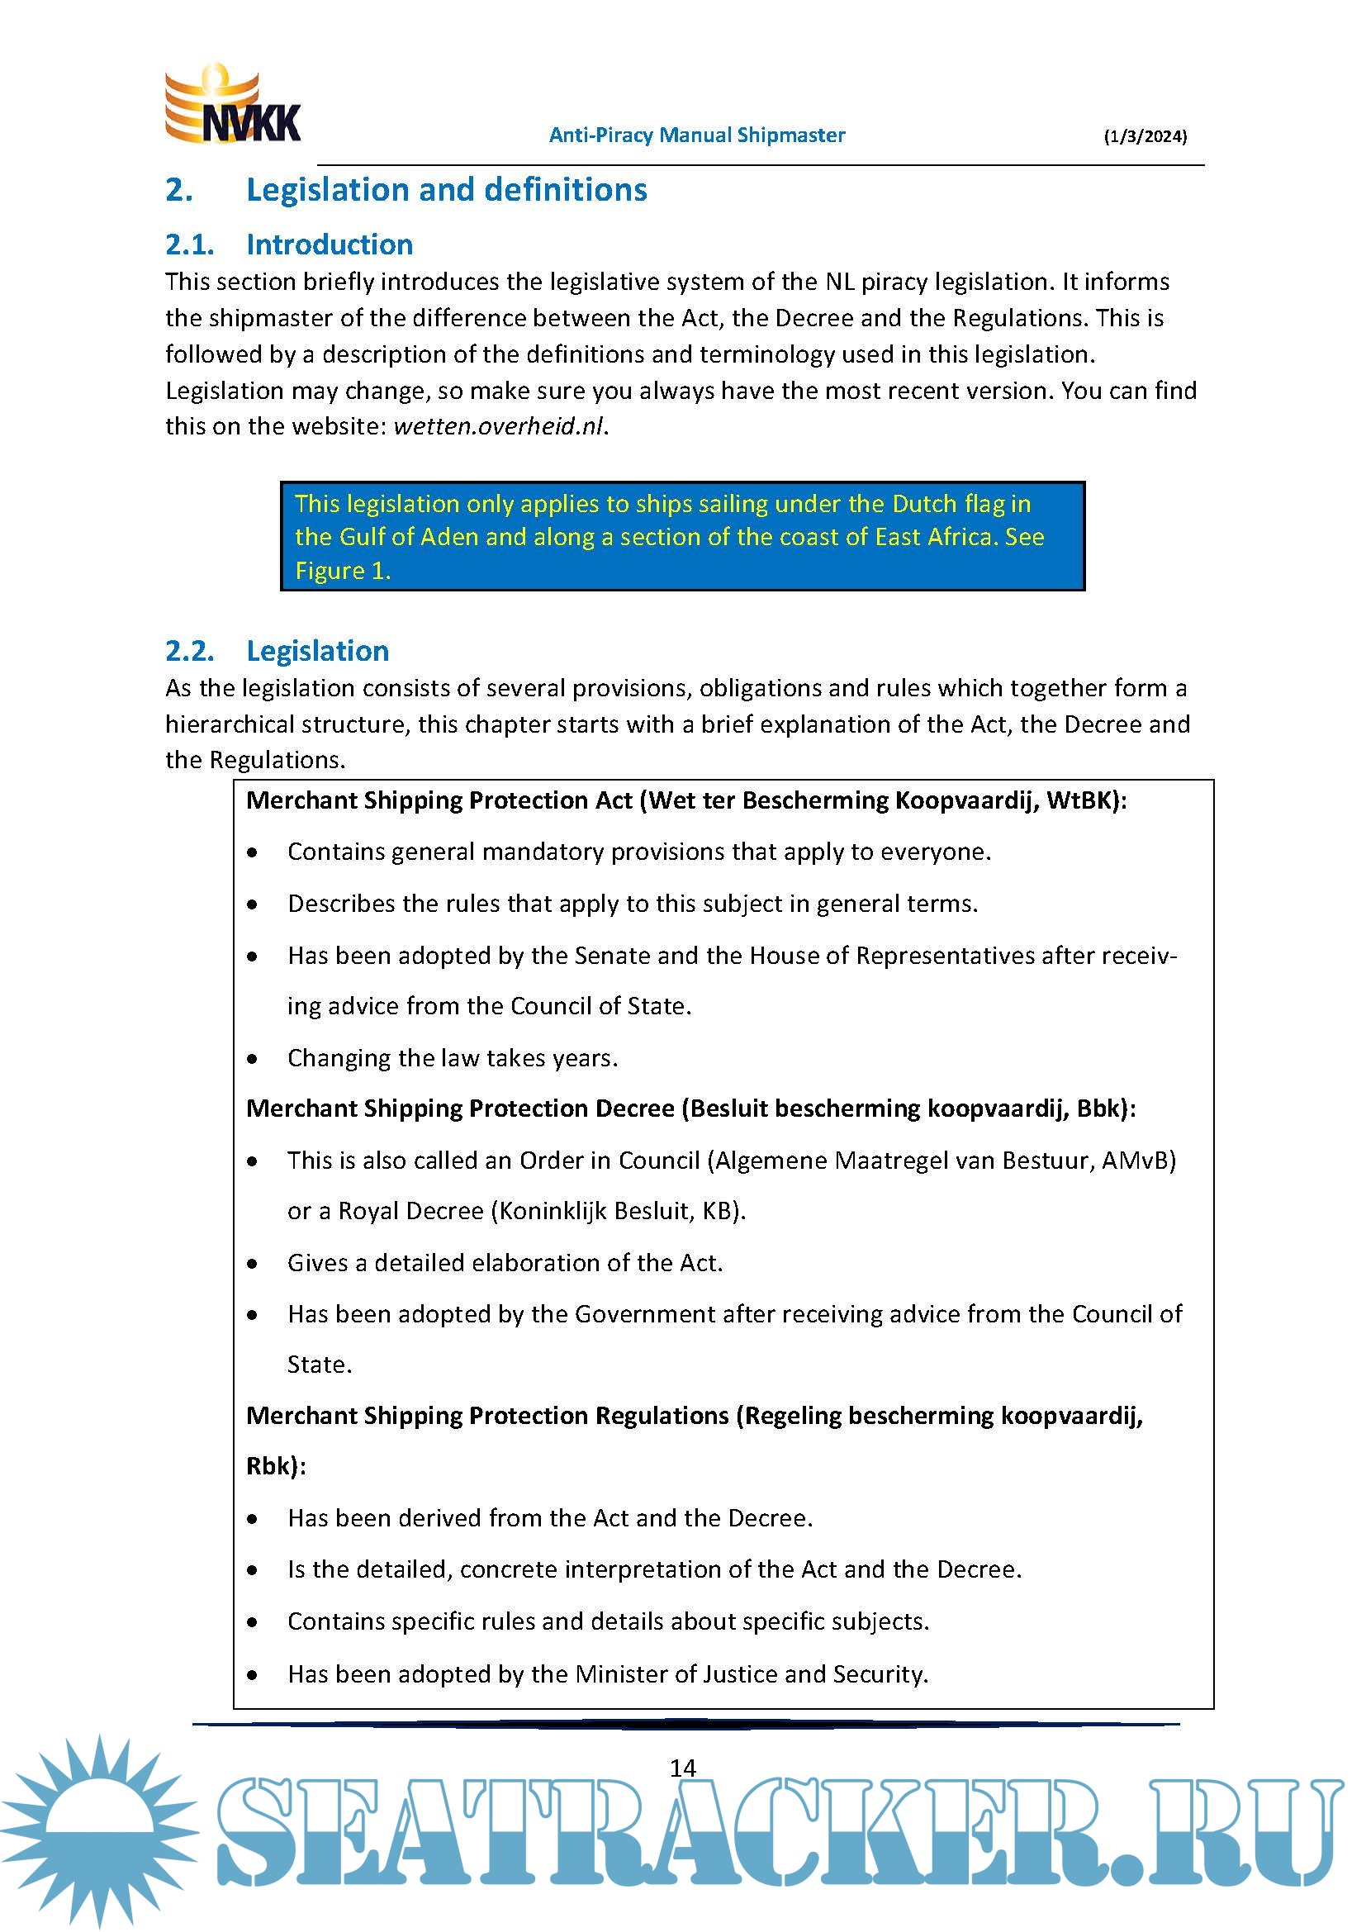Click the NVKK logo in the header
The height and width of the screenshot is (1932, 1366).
coord(232,105)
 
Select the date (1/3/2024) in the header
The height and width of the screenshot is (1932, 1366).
coord(1145,136)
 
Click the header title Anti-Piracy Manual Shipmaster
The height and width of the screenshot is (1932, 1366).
coord(696,135)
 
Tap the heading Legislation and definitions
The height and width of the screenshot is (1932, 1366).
coord(446,190)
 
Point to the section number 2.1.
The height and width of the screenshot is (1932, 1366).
coord(189,244)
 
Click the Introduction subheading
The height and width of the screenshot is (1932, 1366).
coord(329,244)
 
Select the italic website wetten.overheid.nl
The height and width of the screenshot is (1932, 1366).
coord(499,426)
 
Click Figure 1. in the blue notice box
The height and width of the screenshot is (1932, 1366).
coord(343,571)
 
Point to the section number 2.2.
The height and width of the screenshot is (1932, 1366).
coord(189,651)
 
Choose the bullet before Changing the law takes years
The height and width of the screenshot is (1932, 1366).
coord(253,1060)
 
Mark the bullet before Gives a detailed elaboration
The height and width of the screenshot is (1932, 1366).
coord(253,1264)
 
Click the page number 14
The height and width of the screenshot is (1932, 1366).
coord(682,1768)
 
